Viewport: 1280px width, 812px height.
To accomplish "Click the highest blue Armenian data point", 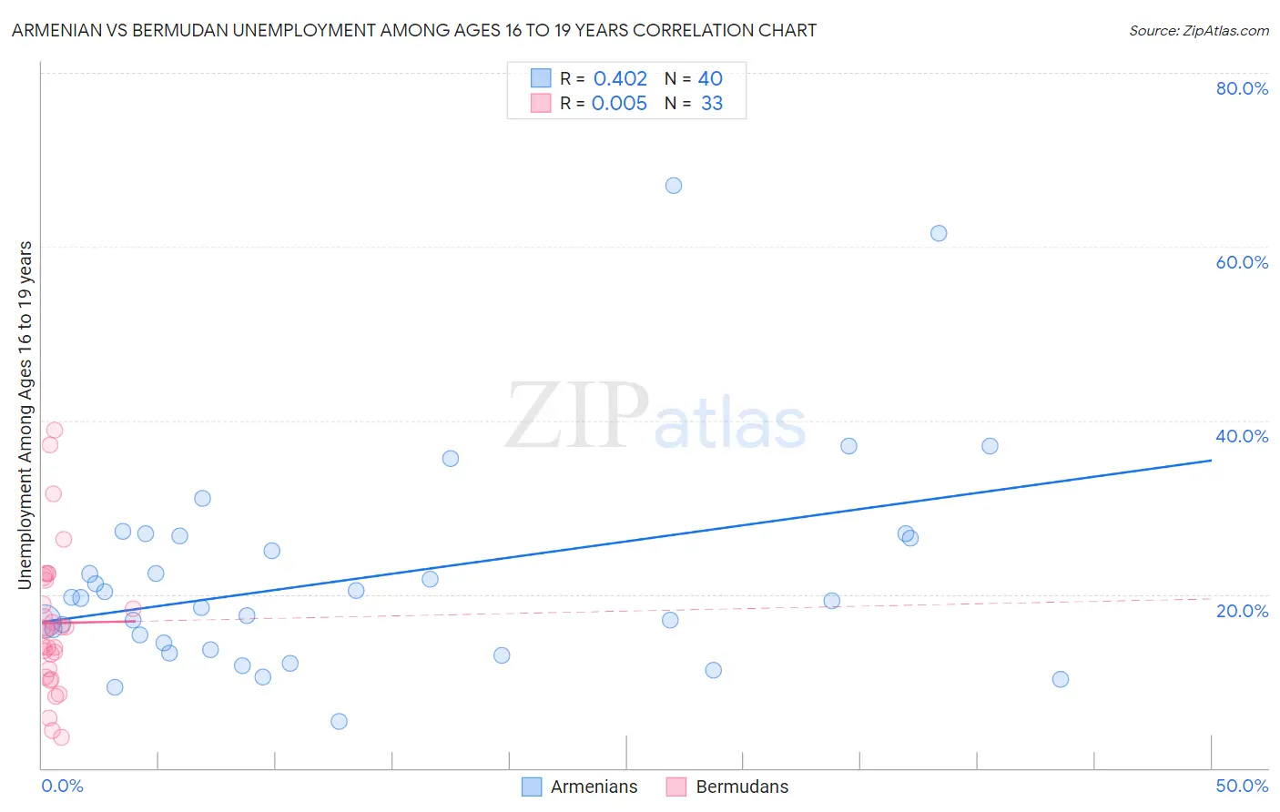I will point(674,186).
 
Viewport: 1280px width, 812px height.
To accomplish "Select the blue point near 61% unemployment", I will point(939,233).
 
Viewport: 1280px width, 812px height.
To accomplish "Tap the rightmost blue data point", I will point(1060,679).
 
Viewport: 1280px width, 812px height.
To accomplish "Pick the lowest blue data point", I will point(339,722).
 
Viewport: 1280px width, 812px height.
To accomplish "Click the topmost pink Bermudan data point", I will point(55,430).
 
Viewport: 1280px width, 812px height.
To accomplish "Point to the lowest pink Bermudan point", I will point(61,737).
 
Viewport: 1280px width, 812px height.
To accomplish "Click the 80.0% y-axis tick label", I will point(1242,88).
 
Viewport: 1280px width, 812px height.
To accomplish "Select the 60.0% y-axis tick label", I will point(1242,262).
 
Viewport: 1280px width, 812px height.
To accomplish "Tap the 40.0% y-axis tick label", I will point(1242,436).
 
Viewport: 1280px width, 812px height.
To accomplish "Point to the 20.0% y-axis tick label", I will point(1242,610).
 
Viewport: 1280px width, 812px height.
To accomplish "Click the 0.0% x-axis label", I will point(62,786).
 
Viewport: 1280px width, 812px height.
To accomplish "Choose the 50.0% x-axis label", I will point(1242,786).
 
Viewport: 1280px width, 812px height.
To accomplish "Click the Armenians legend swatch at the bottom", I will point(532,787).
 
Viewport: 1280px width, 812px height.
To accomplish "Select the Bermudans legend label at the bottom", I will point(742,787).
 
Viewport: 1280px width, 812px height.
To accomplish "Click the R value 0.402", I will point(620,78).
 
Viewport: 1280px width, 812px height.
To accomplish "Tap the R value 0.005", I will point(619,103).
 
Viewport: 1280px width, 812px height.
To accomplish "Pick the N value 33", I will point(712,103).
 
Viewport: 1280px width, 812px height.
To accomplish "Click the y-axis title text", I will point(25,414).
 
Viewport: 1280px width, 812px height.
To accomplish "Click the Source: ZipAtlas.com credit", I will point(1199,30).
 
